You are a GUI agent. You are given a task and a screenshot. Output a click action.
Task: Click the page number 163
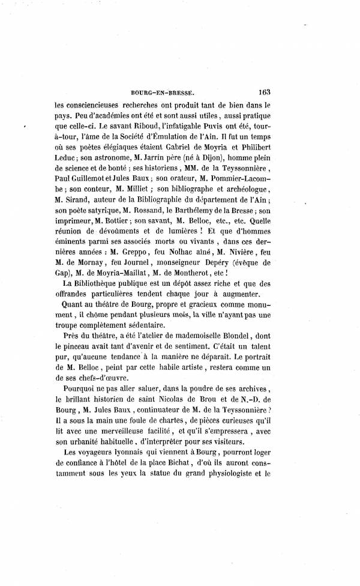[x=265, y=92]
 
